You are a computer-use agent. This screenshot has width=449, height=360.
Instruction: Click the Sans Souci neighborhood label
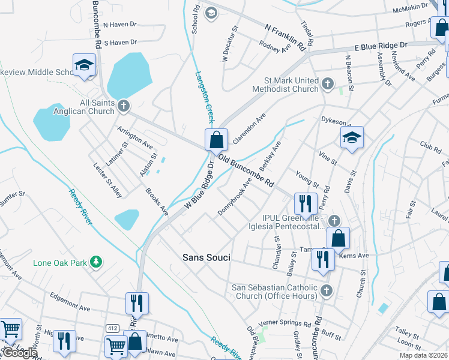pyautogui.click(x=206, y=257)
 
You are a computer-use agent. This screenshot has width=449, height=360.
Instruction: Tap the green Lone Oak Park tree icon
pyautogui.click(x=95, y=262)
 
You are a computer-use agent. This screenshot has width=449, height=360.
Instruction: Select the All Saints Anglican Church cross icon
pyautogui.click(x=124, y=106)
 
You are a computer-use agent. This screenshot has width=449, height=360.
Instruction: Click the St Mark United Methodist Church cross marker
pyautogui.click(x=327, y=84)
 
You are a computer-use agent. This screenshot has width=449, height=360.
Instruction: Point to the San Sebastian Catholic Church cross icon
pyautogui.click(x=327, y=291)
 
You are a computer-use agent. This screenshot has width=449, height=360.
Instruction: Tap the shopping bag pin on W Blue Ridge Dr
pyautogui.click(x=216, y=140)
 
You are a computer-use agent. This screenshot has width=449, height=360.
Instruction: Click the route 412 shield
pyautogui.click(x=112, y=328)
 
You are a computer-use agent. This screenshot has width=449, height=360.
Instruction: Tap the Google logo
pyautogui.click(x=19, y=353)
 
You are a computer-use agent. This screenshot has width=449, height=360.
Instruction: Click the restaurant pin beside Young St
pyautogui.click(x=306, y=203)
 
